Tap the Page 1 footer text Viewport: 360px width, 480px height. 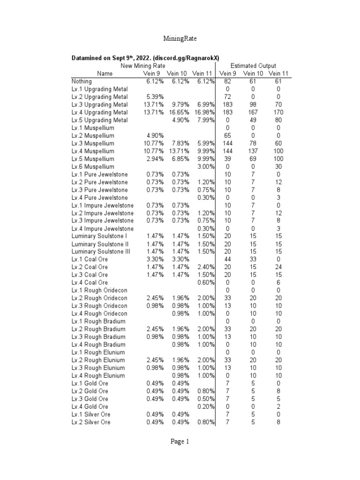point(180,441)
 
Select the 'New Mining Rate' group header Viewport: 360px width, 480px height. point(140,66)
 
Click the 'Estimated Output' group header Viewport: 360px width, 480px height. point(254,66)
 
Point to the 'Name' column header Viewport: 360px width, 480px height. point(105,74)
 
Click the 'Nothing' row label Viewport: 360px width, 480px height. point(82,82)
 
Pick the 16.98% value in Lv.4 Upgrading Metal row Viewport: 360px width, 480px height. point(203,112)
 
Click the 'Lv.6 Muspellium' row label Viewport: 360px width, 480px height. point(93,166)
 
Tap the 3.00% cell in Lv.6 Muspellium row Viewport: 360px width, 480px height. point(205,166)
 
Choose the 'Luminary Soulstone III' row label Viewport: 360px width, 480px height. point(100,252)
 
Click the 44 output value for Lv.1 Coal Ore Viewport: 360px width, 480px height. point(228,259)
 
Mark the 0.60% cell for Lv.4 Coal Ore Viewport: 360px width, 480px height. point(205,283)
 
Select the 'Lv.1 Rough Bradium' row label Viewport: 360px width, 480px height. point(98,321)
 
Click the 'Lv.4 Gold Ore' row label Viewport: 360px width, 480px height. point(90,406)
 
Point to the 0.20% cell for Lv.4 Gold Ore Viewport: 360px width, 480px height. point(205,406)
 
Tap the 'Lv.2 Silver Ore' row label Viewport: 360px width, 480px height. point(91,422)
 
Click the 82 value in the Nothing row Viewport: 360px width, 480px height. point(228,82)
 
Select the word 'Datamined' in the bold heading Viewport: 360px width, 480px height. point(88,58)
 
